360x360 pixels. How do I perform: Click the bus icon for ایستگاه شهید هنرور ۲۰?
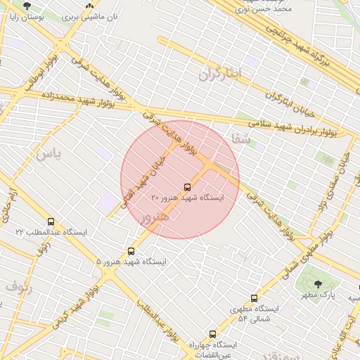click(x=187, y=187)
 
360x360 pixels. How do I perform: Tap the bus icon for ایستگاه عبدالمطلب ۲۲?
click(x=51, y=221)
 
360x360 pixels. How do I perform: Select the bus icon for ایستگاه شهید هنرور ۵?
click(x=131, y=251)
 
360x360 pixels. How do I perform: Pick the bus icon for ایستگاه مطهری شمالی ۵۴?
click(x=254, y=298)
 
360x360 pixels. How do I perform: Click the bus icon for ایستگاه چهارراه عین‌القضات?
click(x=212, y=335)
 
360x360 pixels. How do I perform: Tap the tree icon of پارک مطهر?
click(x=318, y=284)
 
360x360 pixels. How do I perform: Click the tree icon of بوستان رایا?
click(x=27, y=5)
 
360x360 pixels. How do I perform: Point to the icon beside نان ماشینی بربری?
click(x=89, y=5)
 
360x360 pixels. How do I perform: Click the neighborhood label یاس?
click(x=49, y=153)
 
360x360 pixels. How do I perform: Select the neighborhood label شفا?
click(x=241, y=139)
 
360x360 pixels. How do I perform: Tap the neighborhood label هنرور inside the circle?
click(x=154, y=219)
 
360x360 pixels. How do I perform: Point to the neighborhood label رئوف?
click(x=18, y=286)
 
